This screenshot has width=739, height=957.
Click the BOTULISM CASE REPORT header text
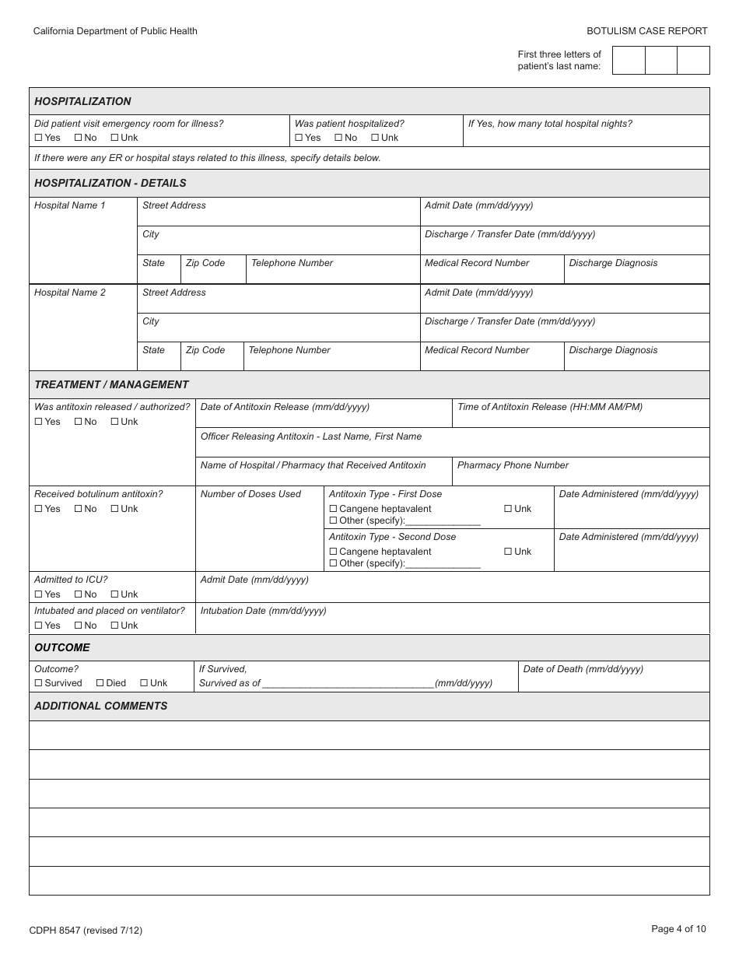pos(646,31)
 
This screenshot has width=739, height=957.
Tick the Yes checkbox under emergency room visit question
pos(39,138)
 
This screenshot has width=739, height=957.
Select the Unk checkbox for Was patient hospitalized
pos(375,138)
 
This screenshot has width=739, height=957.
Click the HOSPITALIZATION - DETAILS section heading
pos(110,183)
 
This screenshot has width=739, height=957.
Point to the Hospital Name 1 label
pos(69,205)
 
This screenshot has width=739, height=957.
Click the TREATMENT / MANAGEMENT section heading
pos(111,384)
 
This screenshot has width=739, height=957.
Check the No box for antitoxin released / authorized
pos(79,422)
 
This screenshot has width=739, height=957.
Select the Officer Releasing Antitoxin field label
pos(310,436)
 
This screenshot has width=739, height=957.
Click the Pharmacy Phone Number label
pos(513,465)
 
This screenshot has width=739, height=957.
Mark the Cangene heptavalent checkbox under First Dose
pos(334,509)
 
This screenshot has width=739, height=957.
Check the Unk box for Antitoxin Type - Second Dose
pos(508,552)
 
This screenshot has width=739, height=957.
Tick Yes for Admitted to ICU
pos(39,594)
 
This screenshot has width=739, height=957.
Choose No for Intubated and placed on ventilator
pos(79,626)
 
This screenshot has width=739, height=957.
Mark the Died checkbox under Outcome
pos(100,683)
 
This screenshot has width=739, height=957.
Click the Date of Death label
pos(583,669)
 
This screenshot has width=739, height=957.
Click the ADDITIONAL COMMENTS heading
pos(100,706)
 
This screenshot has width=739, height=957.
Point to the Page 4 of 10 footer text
pos(678,928)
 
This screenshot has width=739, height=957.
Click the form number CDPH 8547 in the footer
pos(86,930)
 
